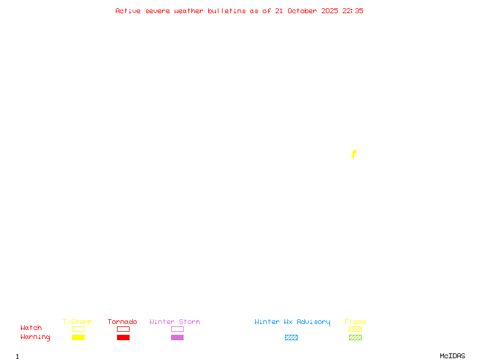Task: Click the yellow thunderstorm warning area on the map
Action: pos(354,154)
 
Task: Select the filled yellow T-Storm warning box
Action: pos(78,338)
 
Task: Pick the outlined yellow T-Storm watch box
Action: pos(78,329)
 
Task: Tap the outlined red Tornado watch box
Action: pos(123,329)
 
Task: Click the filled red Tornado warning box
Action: pos(123,338)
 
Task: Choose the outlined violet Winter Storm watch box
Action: pos(177,329)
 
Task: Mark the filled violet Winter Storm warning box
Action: pos(177,338)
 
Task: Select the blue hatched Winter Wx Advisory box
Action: pos(291,338)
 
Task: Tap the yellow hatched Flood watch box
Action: pos(355,329)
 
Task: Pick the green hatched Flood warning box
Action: pos(355,338)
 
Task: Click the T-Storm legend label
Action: pos(77,322)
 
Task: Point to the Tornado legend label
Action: pos(122,322)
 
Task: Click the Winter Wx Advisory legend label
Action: pos(292,322)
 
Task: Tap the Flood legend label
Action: pos(355,322)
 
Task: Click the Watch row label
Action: pos(31,328)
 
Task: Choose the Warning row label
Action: pos(35,337)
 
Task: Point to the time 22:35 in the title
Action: pos(353,11)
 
